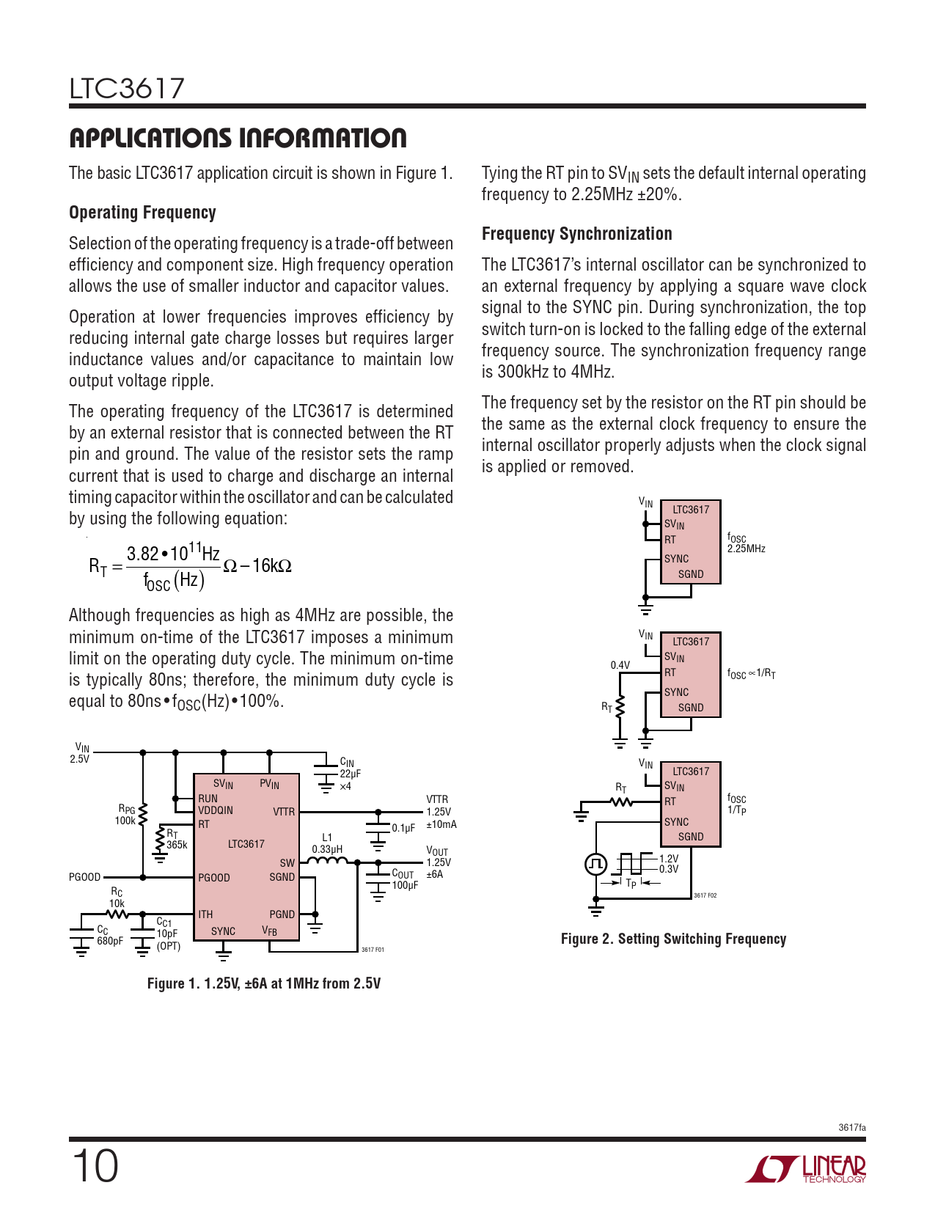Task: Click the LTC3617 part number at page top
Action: [127, 89]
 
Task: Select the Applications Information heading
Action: [238, 138]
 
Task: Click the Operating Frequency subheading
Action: [142, 213]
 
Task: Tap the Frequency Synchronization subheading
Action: [576, 234]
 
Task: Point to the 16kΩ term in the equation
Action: [271, 565]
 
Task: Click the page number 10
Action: [95, 1166]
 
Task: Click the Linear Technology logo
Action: [806, 1169]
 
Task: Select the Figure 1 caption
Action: [264, 983]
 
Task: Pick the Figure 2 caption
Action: [673, 939]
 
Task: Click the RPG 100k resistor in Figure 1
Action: [142, 815]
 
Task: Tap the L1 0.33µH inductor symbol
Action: [327, 862]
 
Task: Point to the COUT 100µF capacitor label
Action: [405, 879]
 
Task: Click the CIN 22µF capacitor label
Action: [350, 774]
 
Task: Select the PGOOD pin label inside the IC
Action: [214, 878]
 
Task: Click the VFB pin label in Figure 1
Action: [270, 931]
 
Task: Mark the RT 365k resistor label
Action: [177, 840]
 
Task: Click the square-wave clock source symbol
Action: [596, 864]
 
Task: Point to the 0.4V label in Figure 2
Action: [620, 665]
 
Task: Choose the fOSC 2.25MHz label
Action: [746, 543]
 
